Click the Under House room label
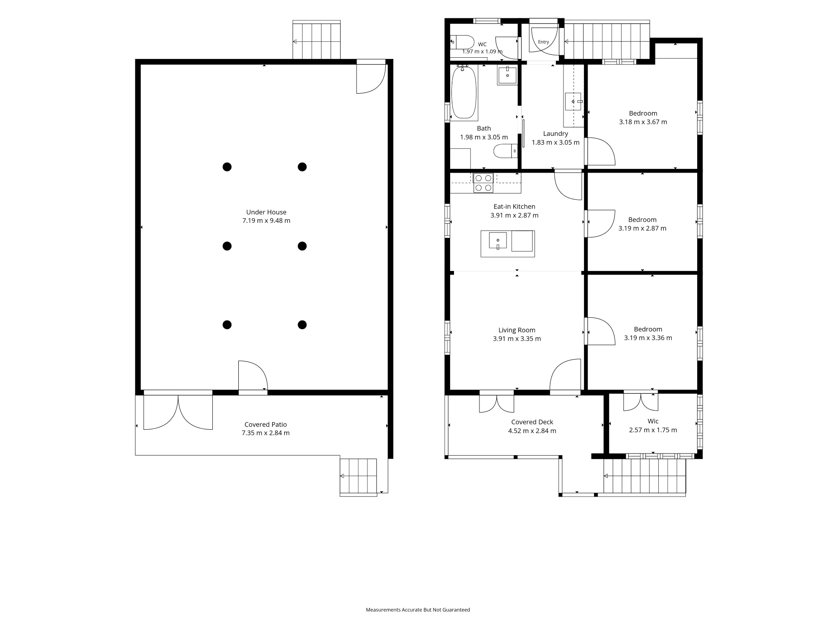click(266, 212)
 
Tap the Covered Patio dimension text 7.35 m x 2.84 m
click(265, 433)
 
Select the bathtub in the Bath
click(464, 92)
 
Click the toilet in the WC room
click(462, 42)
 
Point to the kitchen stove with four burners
click(483, 183)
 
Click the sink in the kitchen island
click(498, 241)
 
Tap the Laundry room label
click(556, 134)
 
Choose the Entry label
click(543, 42)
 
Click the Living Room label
click(517, 330)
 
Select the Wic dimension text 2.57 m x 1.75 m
click(653, 430)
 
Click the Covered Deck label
click(532, 422)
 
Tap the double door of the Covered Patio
click(178, 412)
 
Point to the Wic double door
click(640, 402)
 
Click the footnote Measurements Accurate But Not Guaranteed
click(418, 610)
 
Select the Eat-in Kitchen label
click(514, 206)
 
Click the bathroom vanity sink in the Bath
click(507, 75)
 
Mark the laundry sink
click(573, 101)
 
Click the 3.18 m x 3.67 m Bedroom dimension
click(643, 122)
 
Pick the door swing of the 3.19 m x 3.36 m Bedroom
click(601, 331)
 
